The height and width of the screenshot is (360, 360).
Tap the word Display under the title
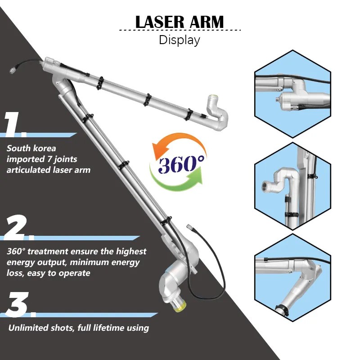(180, 40)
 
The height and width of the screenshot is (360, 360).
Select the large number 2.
(18, 228)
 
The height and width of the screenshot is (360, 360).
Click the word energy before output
(21, 262)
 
